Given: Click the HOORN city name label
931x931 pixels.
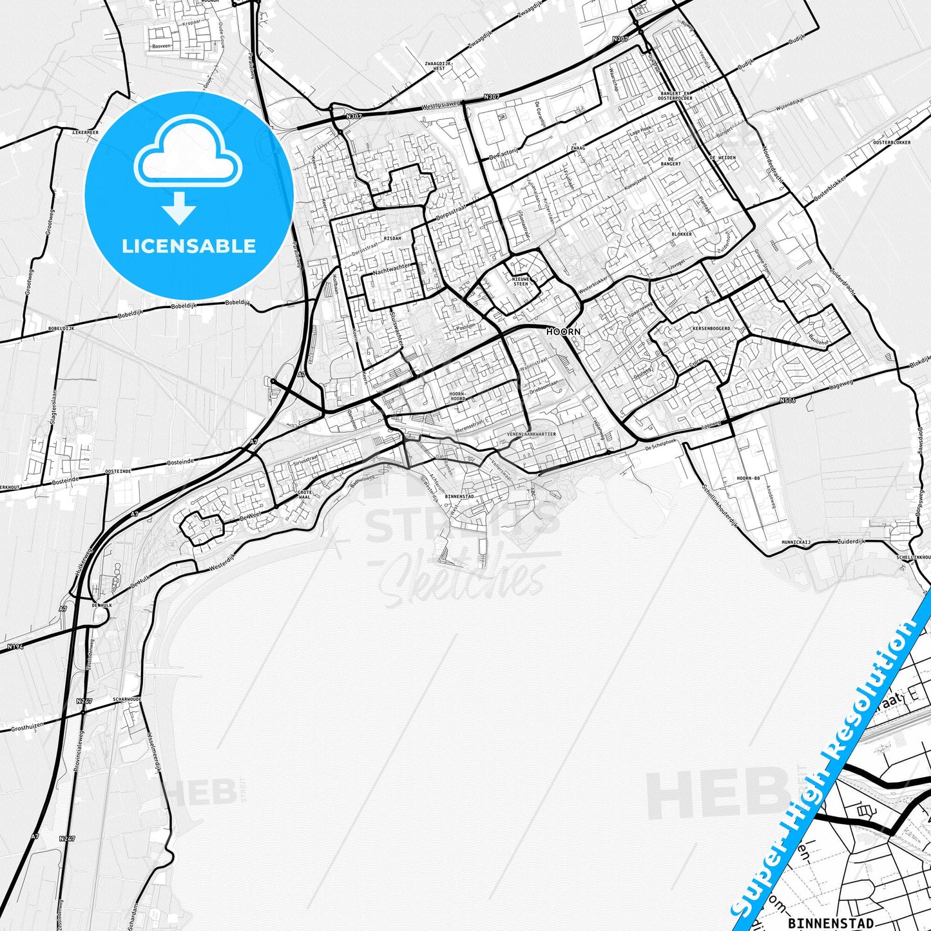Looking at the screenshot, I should [563, 332].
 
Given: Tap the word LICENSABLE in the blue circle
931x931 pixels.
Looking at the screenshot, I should [189, 246].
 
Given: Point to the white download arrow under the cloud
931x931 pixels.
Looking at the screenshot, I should [179, 208].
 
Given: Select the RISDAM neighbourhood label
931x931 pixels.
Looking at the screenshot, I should [392, 238].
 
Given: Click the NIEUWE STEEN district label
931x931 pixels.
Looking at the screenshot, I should [521, 281].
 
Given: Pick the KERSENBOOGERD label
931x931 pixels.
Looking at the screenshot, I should [711, 329].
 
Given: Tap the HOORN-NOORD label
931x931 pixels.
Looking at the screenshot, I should [457, 396].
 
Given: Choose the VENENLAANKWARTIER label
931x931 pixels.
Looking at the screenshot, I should [531, 434].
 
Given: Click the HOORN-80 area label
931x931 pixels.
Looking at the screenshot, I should [748, 478].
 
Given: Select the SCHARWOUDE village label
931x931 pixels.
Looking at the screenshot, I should [126, 699].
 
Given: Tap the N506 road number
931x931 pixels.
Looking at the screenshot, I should [786, 400].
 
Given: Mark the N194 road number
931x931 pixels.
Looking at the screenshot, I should [15, 646].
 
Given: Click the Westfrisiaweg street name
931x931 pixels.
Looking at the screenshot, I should [441, 104].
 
